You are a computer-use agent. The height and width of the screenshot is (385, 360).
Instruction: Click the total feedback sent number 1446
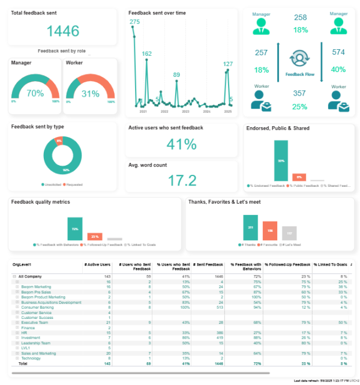[x=62, y=31]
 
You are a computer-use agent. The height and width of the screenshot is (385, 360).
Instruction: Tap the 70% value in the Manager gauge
[x=35, y=94]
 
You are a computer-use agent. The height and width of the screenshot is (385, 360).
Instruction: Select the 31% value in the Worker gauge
[x=90, y=94]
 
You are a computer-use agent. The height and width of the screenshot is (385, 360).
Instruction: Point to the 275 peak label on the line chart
[x=134, y=22]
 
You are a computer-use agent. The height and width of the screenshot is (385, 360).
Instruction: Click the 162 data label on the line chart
[x=147, y=54]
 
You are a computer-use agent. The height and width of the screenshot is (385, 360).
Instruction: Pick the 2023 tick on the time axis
[x=185, y=112]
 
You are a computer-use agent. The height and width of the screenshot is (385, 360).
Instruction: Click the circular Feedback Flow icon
[x=299, y=59]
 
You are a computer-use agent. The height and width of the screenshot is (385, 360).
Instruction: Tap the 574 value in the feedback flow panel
[x=338, y=52]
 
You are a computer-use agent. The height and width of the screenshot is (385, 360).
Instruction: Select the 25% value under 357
[x=300, y=107]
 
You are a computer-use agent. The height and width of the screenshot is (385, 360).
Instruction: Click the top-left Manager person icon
[x=261, y=26]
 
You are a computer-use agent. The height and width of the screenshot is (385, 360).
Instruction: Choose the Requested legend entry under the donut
[x=75, y=184]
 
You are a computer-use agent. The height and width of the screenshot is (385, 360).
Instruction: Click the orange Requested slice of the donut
[x=59, y=141]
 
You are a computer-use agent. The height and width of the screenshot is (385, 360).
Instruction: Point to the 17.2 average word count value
[x=182, y=180]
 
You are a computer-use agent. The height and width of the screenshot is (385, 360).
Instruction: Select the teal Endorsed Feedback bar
[x=281, y=160]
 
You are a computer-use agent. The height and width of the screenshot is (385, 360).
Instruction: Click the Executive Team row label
[x=34, y=323]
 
